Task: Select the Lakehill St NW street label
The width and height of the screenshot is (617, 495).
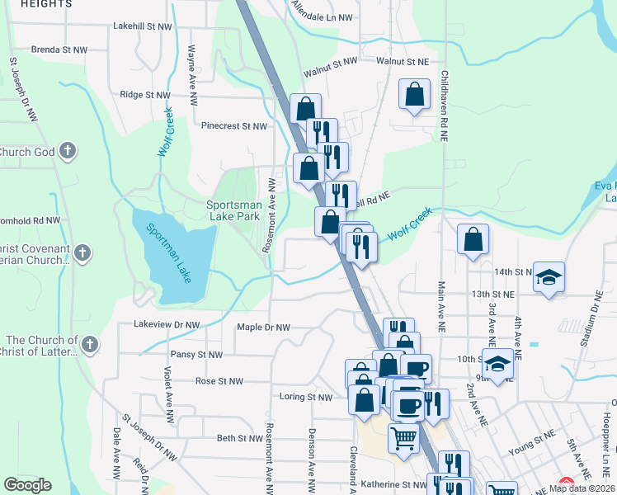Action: pos(144,27)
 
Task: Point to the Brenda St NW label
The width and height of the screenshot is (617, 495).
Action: pos(59,50)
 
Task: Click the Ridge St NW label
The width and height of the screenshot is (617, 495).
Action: pos(144,95)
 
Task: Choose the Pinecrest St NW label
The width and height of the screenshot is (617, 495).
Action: pos(235,126)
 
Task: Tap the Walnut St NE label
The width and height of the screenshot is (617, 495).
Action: pos(403,61)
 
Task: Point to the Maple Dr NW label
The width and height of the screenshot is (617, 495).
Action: pos(263,328)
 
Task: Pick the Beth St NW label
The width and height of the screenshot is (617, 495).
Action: pos(239,438)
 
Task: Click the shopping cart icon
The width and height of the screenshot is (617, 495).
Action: pos(403,437)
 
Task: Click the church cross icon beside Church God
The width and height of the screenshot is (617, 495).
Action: pos(68,152)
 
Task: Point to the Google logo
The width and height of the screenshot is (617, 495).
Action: pos(27,485)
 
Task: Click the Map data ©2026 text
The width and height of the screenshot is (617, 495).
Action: pos(581,488)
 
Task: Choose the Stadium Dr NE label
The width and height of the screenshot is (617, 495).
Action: pos(591,314)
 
